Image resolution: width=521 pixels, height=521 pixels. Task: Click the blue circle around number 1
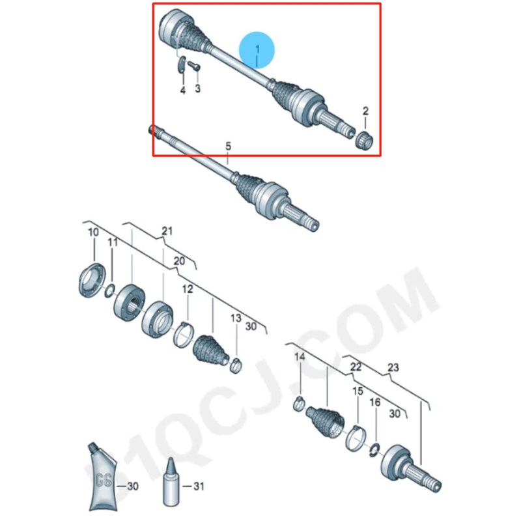(257, 51)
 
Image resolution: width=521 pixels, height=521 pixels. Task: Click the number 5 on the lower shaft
(228, 146)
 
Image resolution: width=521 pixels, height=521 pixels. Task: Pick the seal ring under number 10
(91, 280)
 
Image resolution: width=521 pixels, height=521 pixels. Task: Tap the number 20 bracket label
(178, 260)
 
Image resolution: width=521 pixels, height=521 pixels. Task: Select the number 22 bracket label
(356, 367)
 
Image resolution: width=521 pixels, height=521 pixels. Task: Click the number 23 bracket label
(392, 368)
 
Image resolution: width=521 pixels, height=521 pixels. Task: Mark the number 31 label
(199, 486)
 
